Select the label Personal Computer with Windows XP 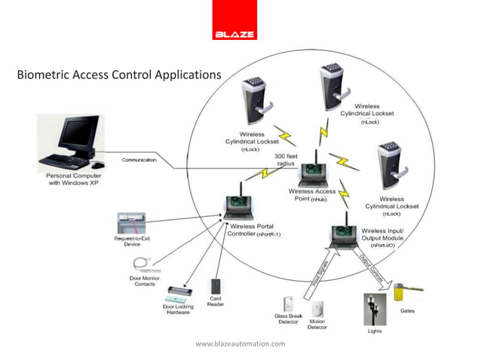pyautogui.click(x=69, y=179)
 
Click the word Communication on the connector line pyautogui.click(x=139, y=160)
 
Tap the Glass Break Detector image pyautogui.click(x=288, y=304)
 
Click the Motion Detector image pyautogui.click(x=317, y=307)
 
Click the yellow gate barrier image pyautogui.click(x=414, y=289)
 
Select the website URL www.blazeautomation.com pyautogui.click(x=240, y=343)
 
